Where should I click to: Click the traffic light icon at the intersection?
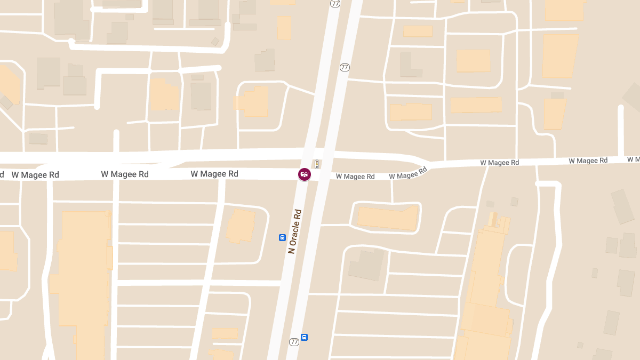pos(317,164)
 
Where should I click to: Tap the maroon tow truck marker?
pos(304,174)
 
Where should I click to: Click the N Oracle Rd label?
pos(295,231)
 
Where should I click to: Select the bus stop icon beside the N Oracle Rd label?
pos(282,237)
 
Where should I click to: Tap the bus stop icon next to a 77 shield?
pos(304,337)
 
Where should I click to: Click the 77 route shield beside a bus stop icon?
pos(294,341)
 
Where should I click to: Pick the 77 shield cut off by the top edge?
pos(335,3)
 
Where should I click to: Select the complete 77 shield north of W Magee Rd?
pos(345,67)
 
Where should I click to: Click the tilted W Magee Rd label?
pos(409,173)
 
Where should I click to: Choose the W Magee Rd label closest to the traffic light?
pos(355,177)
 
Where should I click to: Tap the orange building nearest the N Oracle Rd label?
pos(241,226)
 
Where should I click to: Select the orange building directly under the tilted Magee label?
pos(388,218)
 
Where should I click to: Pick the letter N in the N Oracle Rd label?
pos(292,250)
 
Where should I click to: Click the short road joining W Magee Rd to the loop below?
pos(392,190)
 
